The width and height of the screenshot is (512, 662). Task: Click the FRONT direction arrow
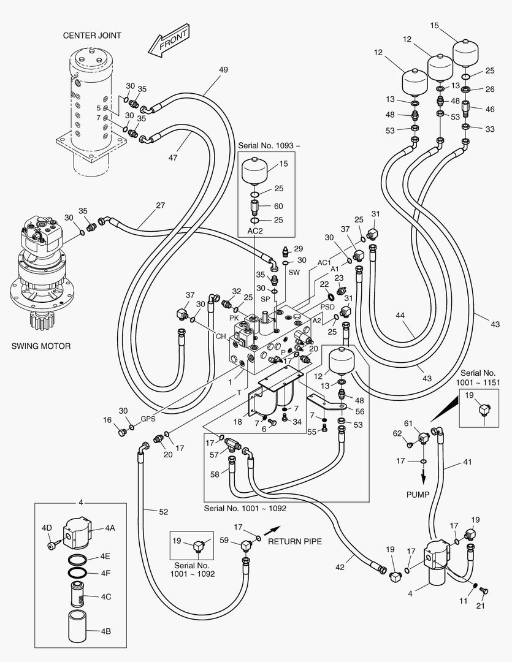[169, 40]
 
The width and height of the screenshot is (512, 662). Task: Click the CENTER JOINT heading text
[92, 36]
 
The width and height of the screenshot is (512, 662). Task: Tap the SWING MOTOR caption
[41, 346]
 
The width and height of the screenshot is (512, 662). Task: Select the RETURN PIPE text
[295, 541]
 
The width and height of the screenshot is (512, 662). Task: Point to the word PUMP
[418, 495]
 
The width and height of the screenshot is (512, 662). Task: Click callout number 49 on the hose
[223, 70]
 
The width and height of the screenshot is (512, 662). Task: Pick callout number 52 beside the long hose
[164, 512]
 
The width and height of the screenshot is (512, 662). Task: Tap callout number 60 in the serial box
[278, 206]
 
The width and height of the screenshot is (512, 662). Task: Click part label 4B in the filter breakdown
[105, 631]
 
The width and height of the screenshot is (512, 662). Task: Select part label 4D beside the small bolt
[47, 528]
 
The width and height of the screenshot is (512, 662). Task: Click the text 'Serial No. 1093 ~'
[269, 146]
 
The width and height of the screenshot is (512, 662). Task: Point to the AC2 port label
[255, 231]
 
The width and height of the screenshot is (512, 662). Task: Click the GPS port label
[148, 419]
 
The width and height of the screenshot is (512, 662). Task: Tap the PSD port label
[327, 307]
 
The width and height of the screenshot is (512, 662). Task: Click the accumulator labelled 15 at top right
[465, 52]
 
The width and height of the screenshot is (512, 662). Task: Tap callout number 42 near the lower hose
[340, 567]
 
